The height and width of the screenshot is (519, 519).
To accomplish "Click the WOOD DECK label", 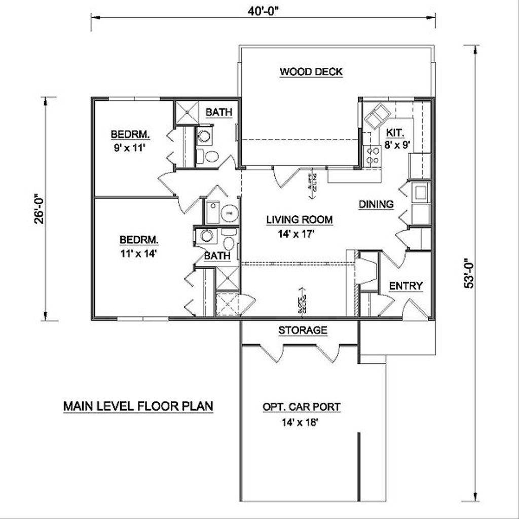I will coord(311,72).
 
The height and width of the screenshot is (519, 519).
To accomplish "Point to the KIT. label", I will coord(395,133).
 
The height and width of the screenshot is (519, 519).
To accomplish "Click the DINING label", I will coord(376,204).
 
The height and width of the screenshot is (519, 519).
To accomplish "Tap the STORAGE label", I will coord(303,330).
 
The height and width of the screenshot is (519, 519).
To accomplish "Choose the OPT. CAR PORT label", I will coord(301,406).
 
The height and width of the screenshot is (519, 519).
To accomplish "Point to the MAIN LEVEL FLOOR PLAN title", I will coord(138,406).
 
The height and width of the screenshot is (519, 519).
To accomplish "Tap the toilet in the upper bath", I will coord(208,156).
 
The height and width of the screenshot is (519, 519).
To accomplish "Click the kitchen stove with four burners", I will coord(373,155).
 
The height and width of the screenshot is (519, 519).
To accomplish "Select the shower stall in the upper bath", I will coord(186,113).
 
